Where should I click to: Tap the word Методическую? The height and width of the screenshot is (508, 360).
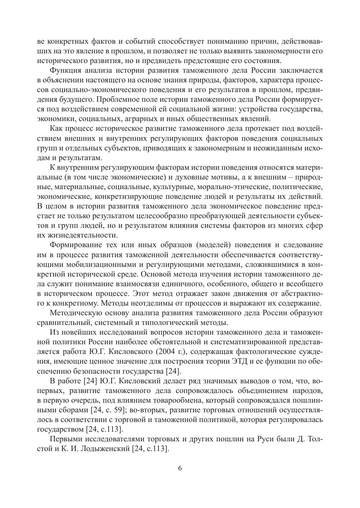pos(75,313)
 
